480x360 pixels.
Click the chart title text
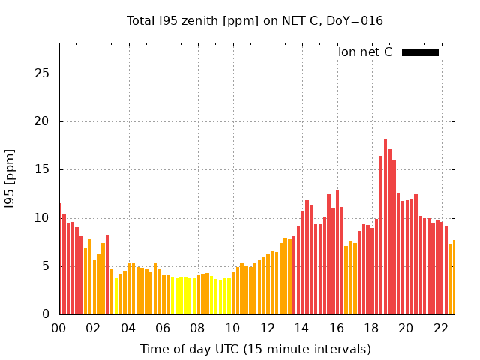[255, 20]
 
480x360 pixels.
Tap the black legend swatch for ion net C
[420, 52]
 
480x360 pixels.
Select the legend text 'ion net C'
[365, 52]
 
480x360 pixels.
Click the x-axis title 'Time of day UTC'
[256, 349]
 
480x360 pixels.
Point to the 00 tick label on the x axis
[59, 328]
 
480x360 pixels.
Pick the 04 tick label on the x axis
[128, 328]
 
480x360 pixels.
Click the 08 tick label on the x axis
[197, 328]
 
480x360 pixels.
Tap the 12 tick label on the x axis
[267, 328]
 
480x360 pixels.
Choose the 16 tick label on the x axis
[337, 328]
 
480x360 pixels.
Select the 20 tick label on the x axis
[406, 328]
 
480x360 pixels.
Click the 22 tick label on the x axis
[440, 328]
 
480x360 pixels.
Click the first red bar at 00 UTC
[61, 259]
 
